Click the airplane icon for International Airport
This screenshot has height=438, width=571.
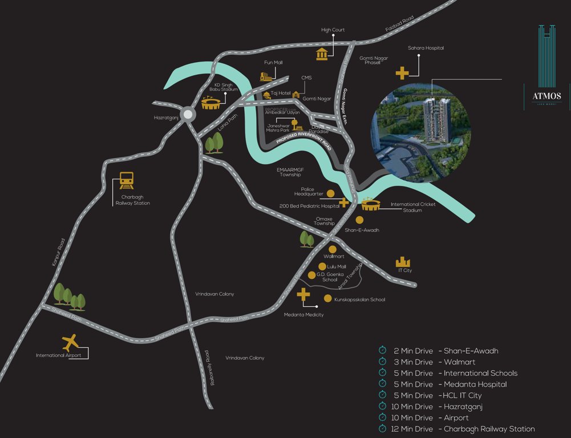[71, 343]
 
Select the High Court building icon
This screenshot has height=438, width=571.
[322, 54]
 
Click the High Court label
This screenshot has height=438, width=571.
[333, 30]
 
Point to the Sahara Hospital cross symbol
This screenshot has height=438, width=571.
[402, 73]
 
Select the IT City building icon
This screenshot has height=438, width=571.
[403, 261]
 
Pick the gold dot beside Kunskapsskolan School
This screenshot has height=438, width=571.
[327, 298]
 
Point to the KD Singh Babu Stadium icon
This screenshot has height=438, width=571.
[212, 103]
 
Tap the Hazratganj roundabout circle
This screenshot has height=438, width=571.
[188, 114]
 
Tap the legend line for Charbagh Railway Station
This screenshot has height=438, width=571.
[456, 429]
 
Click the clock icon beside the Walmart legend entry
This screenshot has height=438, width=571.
[382, 362]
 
